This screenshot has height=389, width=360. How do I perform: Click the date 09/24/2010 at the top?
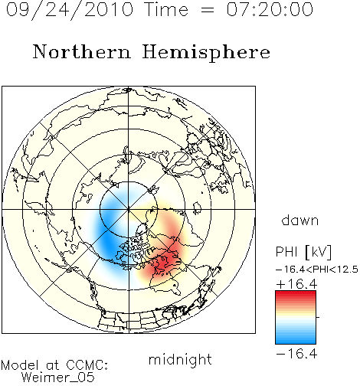coord(70,10)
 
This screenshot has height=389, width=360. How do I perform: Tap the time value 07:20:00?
coord(270,9)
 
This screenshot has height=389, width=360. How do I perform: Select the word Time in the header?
coord(166,9)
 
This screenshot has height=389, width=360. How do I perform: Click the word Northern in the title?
coord(82,52)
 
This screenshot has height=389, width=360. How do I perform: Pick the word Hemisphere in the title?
coord(206,53)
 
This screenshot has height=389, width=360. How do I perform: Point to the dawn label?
coord(300,220)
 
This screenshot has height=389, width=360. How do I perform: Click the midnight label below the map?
coord(180,359)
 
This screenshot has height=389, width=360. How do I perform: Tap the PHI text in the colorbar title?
coord(286,252)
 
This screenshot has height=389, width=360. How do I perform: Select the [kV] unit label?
coord(318,252)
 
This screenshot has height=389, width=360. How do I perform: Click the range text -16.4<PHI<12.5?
coord(317,270)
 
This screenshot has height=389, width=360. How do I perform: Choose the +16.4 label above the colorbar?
coord(296,284)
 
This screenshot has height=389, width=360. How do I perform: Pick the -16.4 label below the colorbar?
coord(296,354)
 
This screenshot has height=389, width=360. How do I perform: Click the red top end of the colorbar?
coord(296,293)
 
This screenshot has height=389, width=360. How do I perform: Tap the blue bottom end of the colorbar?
coord(296,342)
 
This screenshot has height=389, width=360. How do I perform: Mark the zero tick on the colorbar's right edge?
coord(318,317)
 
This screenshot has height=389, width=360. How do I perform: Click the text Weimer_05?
coord(58,377)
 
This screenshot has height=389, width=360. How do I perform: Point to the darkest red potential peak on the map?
coord(165,261)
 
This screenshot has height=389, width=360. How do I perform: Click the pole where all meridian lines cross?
coord(129,210)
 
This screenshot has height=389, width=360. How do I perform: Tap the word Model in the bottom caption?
coord(21,365)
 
